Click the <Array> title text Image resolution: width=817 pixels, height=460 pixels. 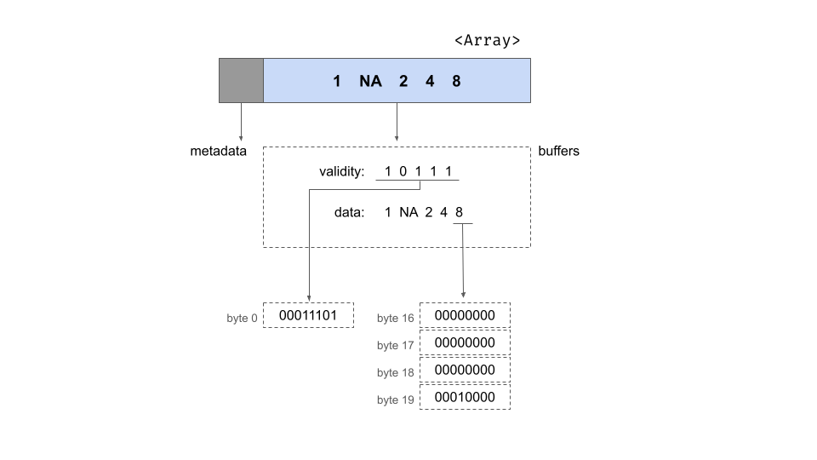click(487, 40)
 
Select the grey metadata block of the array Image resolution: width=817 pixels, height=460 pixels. click(241, 80)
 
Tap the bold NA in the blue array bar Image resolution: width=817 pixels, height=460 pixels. click(370, 82)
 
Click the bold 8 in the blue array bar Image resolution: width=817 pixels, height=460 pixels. click(456, 82)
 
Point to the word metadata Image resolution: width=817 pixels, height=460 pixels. click(218, 152)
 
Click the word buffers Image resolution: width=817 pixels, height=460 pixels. click(559, 152)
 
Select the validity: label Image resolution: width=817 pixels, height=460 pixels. click(342, 172)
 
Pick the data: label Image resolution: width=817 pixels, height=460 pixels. click(349, 211)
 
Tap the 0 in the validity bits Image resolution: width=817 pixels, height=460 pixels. click(403, 172)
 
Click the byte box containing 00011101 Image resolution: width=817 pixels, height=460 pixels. click(308, 315)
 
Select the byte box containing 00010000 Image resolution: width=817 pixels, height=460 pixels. click(465, 397)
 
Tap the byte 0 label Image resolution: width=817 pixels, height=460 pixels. click(242, 319)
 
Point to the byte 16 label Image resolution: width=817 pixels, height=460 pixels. click(395, 319)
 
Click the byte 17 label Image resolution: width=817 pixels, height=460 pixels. click(395, 345)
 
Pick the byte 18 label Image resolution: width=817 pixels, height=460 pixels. click(395, 372)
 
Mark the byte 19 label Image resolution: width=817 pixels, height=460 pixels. click(395, 400)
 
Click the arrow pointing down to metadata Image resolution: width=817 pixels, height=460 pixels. click(241, 122)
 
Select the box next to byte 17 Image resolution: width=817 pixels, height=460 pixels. click(465, 342)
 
